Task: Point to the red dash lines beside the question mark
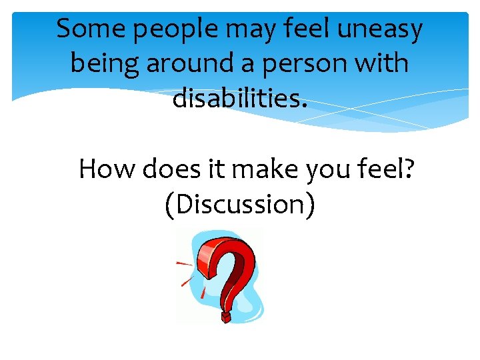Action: (185, 273)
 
